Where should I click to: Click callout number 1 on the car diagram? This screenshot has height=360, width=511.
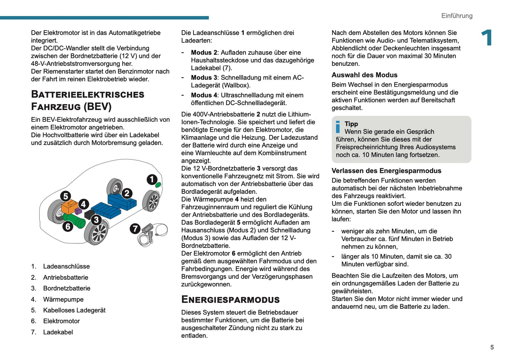pyautogui.click(x=152, y=180)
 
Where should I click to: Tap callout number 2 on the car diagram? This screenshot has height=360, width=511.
pyautogui.click(x=127, y=193)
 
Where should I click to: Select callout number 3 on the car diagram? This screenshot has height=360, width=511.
pyautogui.click(x=96, y=220)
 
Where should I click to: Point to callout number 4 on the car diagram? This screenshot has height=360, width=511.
pyautogui.click(x=83, y=204)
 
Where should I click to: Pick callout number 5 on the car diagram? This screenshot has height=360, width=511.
pyautogui.click(x=65, y=196)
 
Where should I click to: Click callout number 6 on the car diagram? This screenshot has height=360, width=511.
pyautogui.click(x=68, y=226)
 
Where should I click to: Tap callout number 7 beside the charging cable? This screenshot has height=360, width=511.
pyautogui.click(x=135, y=229)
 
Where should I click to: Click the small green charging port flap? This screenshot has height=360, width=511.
pyautogui.click(x=158, y=185)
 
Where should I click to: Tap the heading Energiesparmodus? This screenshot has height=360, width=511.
pyautogui.click(x=230, y=300)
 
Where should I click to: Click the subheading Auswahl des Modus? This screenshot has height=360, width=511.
pyautogui.click(x=364, y=75)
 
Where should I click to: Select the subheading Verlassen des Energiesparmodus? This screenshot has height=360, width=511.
pyautogui.click(x=386, y=171)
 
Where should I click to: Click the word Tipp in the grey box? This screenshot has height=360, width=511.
pyautogui.click(x=351, y=124)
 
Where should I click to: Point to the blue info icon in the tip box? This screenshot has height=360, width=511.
pyautogui.click(x=338, y=127)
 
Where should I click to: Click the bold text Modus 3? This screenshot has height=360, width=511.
pyautogui.click(x=204, y=77)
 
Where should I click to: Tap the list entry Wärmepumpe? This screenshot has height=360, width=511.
pyautogui.click(x=63, y=300)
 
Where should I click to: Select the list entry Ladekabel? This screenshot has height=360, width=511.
pyautogui.click(x=58, y=332)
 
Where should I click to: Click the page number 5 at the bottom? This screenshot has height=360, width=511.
pyautogui.click(x=492, y=347)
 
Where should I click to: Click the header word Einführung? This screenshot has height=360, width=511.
pyautogui.click(x=457, y=16)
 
